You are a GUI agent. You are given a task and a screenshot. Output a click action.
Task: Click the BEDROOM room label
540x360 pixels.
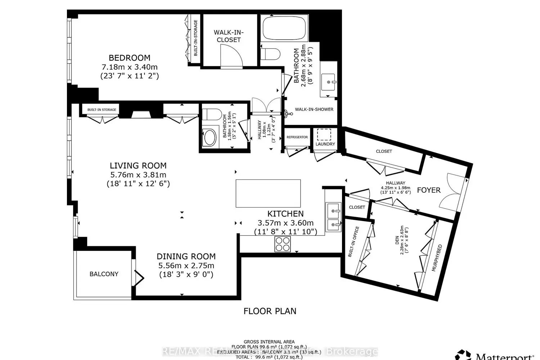pos(130,58)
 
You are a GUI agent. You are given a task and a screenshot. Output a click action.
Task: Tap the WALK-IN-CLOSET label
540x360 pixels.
pos(229,36)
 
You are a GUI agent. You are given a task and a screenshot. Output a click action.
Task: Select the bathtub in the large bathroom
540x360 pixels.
pos(284,28)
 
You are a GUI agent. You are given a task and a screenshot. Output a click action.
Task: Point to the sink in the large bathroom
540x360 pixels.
pos(329,82)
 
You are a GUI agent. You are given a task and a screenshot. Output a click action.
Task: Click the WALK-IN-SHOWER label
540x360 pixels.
pos(314,109)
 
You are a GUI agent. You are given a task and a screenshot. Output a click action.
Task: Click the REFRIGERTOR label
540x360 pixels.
pos(297,137)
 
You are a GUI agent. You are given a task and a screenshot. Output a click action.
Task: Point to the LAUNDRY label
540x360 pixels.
pos(325,144)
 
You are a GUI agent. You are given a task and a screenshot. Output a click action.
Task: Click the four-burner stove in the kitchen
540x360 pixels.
pos(283,244)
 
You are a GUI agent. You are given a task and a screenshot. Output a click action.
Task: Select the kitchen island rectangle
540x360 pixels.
pos(268,193)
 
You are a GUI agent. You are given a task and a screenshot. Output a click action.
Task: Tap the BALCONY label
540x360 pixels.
pos(104,274)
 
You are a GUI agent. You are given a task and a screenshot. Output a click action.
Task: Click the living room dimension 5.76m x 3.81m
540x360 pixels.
pos(138,175)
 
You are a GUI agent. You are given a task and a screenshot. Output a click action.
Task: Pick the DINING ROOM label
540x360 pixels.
pos(186,256)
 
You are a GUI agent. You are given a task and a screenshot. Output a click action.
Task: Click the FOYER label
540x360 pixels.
pos(428,190)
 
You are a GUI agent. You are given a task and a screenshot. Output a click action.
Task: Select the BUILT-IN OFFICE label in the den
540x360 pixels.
pos(354,242)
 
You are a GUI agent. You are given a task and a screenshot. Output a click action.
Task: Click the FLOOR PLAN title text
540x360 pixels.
pos(270,311)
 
